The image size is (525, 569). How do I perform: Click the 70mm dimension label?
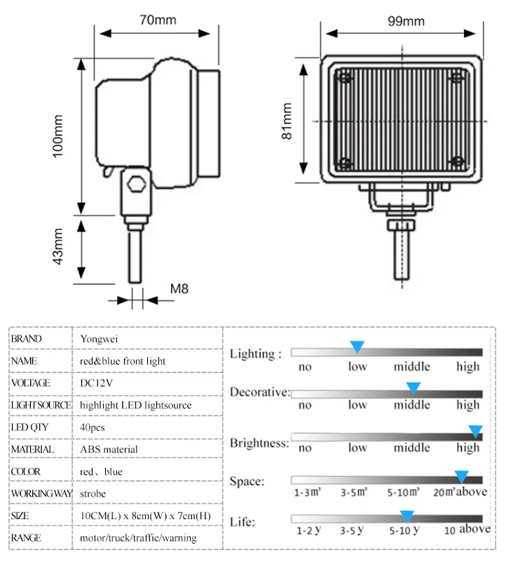coord(158,20)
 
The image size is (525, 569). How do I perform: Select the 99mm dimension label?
coord(406,20)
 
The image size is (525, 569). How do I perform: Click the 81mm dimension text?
coord(287,121)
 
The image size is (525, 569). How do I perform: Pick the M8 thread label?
coord(179,288)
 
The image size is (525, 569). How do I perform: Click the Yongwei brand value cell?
coord(100,339)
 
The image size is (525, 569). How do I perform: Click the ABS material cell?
coord(109,449)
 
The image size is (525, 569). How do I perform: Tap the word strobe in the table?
coord(93,493)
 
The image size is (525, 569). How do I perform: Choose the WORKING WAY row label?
coord(41,493)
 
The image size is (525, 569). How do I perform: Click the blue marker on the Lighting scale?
coord(357,347)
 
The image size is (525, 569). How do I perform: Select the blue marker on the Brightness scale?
coord(475,431)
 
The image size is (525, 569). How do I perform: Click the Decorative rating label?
coord(259,391)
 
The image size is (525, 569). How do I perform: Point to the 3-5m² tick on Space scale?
coord(354,492)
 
